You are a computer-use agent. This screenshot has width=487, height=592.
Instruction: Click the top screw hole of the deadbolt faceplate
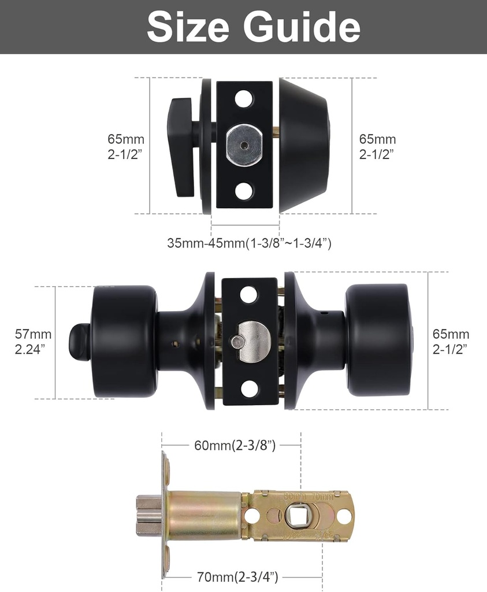[x=244, y=98]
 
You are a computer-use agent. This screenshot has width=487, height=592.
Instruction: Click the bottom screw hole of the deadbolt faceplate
[x=244, y=191]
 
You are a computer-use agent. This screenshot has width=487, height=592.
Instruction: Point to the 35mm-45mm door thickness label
[x=249, y=243]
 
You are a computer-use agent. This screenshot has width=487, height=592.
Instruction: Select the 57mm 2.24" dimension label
[x=33, y=342]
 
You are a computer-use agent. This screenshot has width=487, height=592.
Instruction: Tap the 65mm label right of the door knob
[x=451, y=342]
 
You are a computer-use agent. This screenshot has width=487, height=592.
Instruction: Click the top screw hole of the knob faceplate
[x=249, y=295]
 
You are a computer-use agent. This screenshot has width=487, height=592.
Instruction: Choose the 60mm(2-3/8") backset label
[x=235, y=445]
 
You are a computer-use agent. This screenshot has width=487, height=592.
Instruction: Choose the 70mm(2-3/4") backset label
[x=237, y=576]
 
